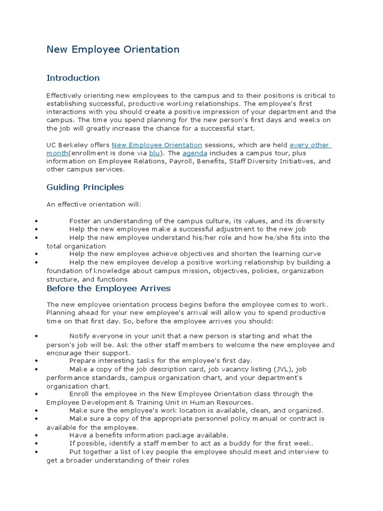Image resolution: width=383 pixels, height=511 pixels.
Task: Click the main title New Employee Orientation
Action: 113,49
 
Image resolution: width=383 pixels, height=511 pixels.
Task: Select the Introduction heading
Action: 73,78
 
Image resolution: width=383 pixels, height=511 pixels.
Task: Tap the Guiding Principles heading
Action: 85,187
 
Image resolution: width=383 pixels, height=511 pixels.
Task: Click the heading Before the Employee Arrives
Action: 108,288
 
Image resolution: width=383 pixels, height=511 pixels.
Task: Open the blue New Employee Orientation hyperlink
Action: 157,145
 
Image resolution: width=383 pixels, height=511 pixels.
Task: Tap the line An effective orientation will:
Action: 94,204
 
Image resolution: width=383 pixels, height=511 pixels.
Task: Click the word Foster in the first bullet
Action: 80,221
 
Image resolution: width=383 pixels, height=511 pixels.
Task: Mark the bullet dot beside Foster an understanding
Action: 37,221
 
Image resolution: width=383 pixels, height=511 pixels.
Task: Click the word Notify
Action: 80,336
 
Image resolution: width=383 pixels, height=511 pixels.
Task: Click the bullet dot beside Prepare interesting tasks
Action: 37,361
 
